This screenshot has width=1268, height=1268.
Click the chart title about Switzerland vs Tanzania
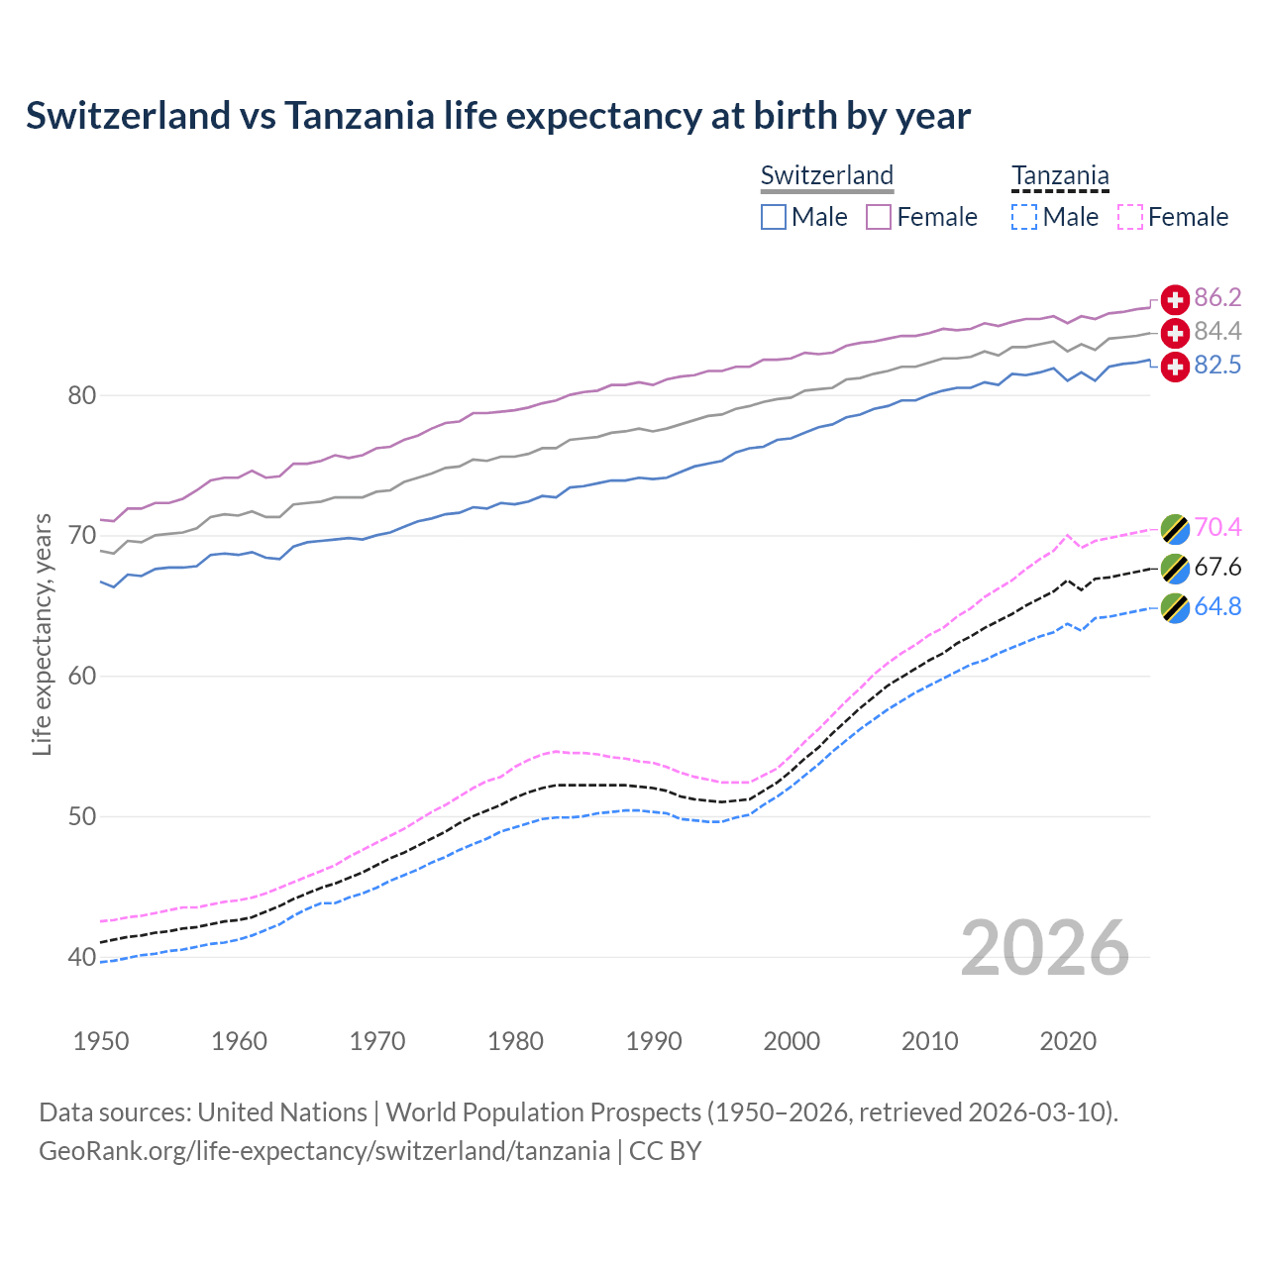point(497,116)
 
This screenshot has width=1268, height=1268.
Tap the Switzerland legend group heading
point(827,175)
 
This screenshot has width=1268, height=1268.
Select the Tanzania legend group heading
point(1060,175)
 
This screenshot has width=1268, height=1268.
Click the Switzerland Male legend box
point(774,217)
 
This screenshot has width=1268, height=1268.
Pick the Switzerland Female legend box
point(879,217)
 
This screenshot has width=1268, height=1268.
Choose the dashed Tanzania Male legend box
point(1024,217)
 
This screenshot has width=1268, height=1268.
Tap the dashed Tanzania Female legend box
point(1130,217)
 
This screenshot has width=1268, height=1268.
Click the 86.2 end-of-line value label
point(1217,297)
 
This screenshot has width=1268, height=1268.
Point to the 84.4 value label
point(1217,331)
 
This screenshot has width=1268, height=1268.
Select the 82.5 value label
point(1217,366)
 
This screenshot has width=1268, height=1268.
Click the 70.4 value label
point(1217,527)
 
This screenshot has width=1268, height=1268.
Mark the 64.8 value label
point(1217,606)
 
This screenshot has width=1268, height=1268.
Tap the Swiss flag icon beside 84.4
point(1175,332)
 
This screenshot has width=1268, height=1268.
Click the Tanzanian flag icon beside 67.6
point(1175,568)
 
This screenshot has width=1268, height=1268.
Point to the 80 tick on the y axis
point(81,395)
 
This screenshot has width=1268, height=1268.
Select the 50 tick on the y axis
point(81,817)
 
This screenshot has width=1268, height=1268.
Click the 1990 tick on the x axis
point(654,1041)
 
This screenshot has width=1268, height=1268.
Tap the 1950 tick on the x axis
point(101,1041)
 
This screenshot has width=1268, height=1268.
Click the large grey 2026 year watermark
point(1044,948)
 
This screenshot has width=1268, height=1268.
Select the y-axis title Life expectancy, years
point(42,634)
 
